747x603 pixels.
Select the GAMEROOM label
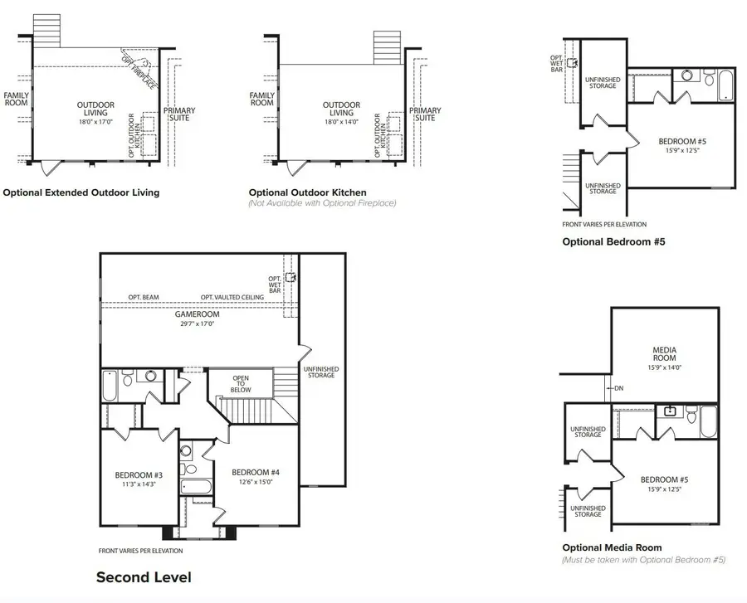(x=198, y=315)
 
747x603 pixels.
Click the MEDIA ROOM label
(x=664, y=353)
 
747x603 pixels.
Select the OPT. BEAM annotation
(x=144, y=297)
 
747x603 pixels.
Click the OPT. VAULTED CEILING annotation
(x=232, y=297)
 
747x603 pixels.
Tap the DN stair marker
(x=618, y=387)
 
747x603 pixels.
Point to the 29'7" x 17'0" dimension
(x=198, y=325)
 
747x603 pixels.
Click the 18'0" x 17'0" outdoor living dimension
(x=95, y=121)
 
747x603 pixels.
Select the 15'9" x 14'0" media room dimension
(x=664, y=367)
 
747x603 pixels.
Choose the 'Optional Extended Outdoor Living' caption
(x=81, y=192)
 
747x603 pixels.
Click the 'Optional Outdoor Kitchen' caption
(x=307, y=192)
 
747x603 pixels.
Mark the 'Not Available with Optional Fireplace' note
(x=322, y=203)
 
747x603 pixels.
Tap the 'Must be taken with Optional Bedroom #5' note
(x=644, y=560)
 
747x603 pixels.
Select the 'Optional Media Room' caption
(x=612, y=548)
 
